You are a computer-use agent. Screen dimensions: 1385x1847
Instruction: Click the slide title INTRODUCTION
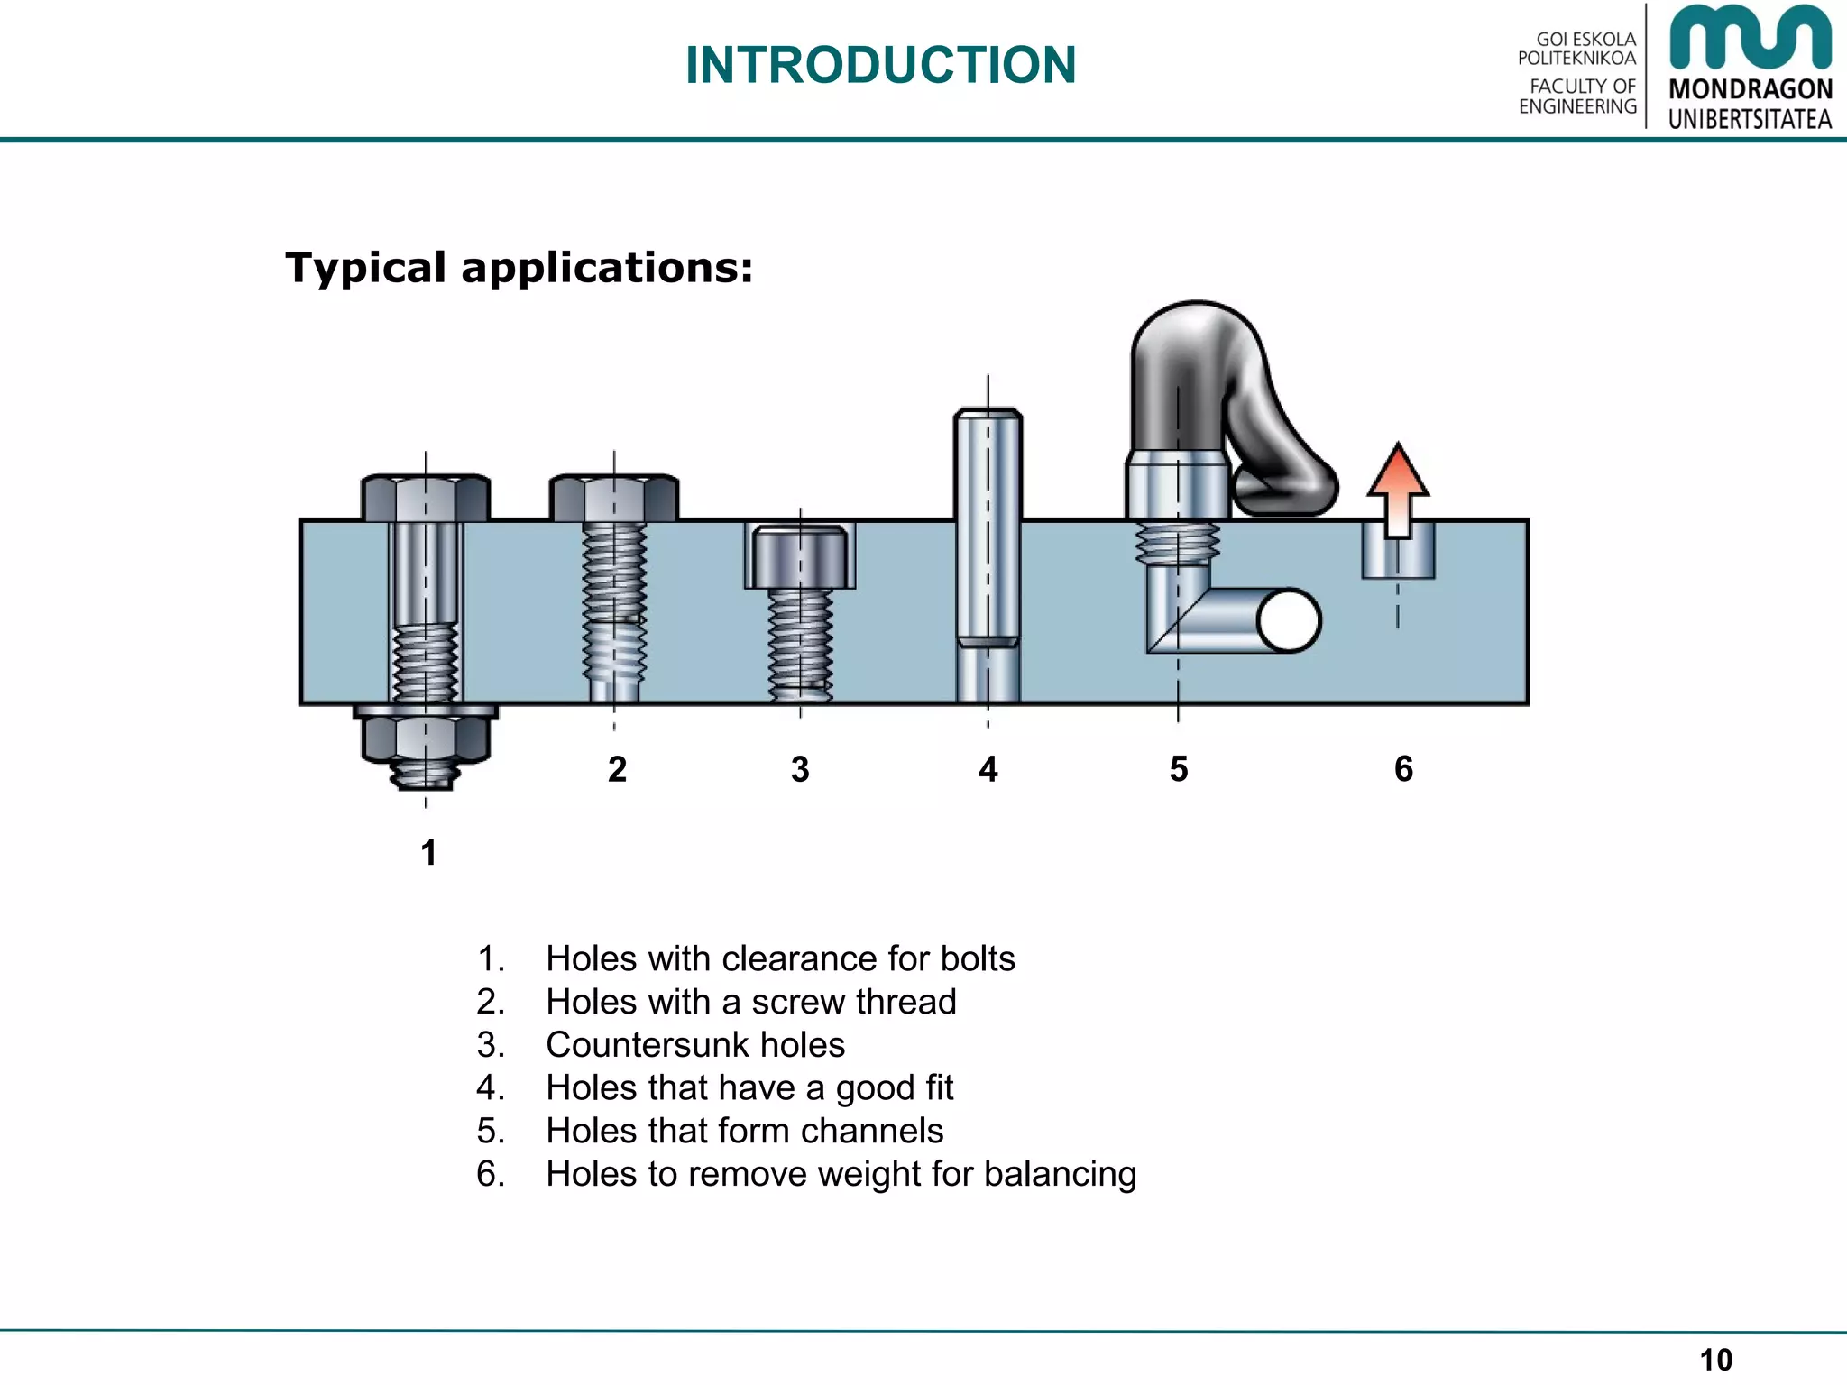click(x=880, y=65)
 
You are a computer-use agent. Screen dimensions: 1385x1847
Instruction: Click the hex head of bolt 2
click(x=614, y=499)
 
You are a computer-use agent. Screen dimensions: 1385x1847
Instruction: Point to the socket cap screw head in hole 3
click(x=800, y=557)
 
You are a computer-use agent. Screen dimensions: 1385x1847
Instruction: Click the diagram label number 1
click(x=429, y=853)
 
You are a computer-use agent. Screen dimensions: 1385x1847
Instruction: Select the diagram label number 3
click(x=800, y=770)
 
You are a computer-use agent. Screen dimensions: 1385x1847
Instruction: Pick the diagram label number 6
click(x=1403, y=769)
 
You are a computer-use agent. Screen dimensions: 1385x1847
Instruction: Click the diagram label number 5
click(x=1179, y=770)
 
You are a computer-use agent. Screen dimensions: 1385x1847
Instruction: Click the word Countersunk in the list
click(x=647, y=1045)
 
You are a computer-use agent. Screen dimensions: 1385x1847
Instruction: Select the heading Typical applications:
click(x=519, y=268)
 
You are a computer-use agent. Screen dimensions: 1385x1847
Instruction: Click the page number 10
click(x=1715, y=1359)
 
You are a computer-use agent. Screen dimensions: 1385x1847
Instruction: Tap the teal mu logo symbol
click(x=1750, y=38)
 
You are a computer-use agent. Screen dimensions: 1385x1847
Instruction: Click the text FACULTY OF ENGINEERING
click(x=1578, y=96)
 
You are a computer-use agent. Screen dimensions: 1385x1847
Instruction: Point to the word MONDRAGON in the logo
click(x=1750, y=89)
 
